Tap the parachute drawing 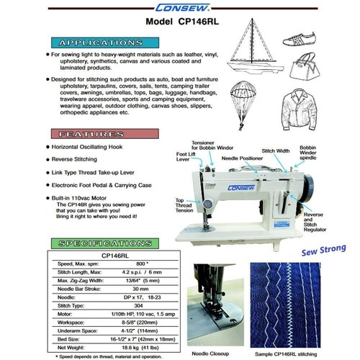pos(247,104)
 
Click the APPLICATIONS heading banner pos(97,42)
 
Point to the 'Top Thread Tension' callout pos(183,206)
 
